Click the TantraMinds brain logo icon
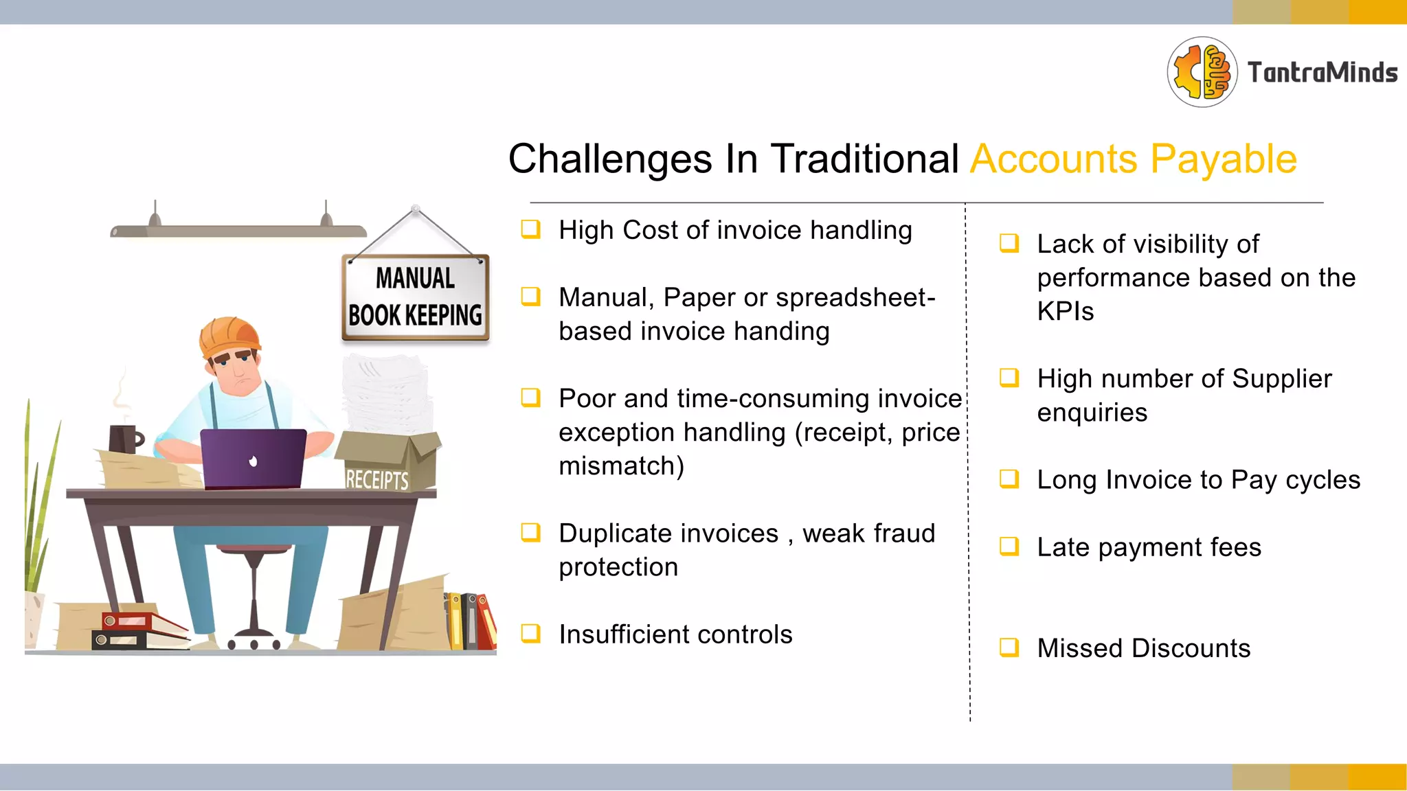click(1202, 72)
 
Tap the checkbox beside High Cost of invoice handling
click(530, 229)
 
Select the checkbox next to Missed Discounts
click(1009, 647)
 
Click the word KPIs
click(1065, 312)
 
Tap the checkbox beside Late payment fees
click(1009, 546)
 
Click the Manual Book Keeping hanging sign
click(415, 297)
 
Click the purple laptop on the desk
click(253, 458)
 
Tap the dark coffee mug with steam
click(124, 439)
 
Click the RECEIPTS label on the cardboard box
click(376, 479)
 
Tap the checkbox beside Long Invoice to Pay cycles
click(1009, 479)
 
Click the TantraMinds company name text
click(1322, 73)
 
